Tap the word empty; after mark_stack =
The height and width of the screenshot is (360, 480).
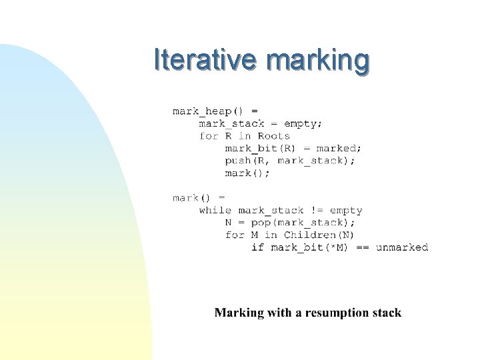point(303,123)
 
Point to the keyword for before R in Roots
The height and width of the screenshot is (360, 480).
point(209,136)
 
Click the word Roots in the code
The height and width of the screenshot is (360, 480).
point(274,136)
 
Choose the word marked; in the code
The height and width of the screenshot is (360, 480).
point(339,149)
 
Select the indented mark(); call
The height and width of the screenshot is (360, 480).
point(247,173)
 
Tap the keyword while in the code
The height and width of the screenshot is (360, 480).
point(215,211)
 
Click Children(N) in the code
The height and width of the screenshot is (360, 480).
point(319,235)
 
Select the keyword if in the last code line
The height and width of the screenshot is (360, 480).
point(257,247)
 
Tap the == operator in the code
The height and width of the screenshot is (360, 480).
point(363,247)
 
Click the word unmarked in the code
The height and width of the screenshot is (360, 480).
point(402,247)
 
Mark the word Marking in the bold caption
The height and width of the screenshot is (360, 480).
point(239,313)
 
